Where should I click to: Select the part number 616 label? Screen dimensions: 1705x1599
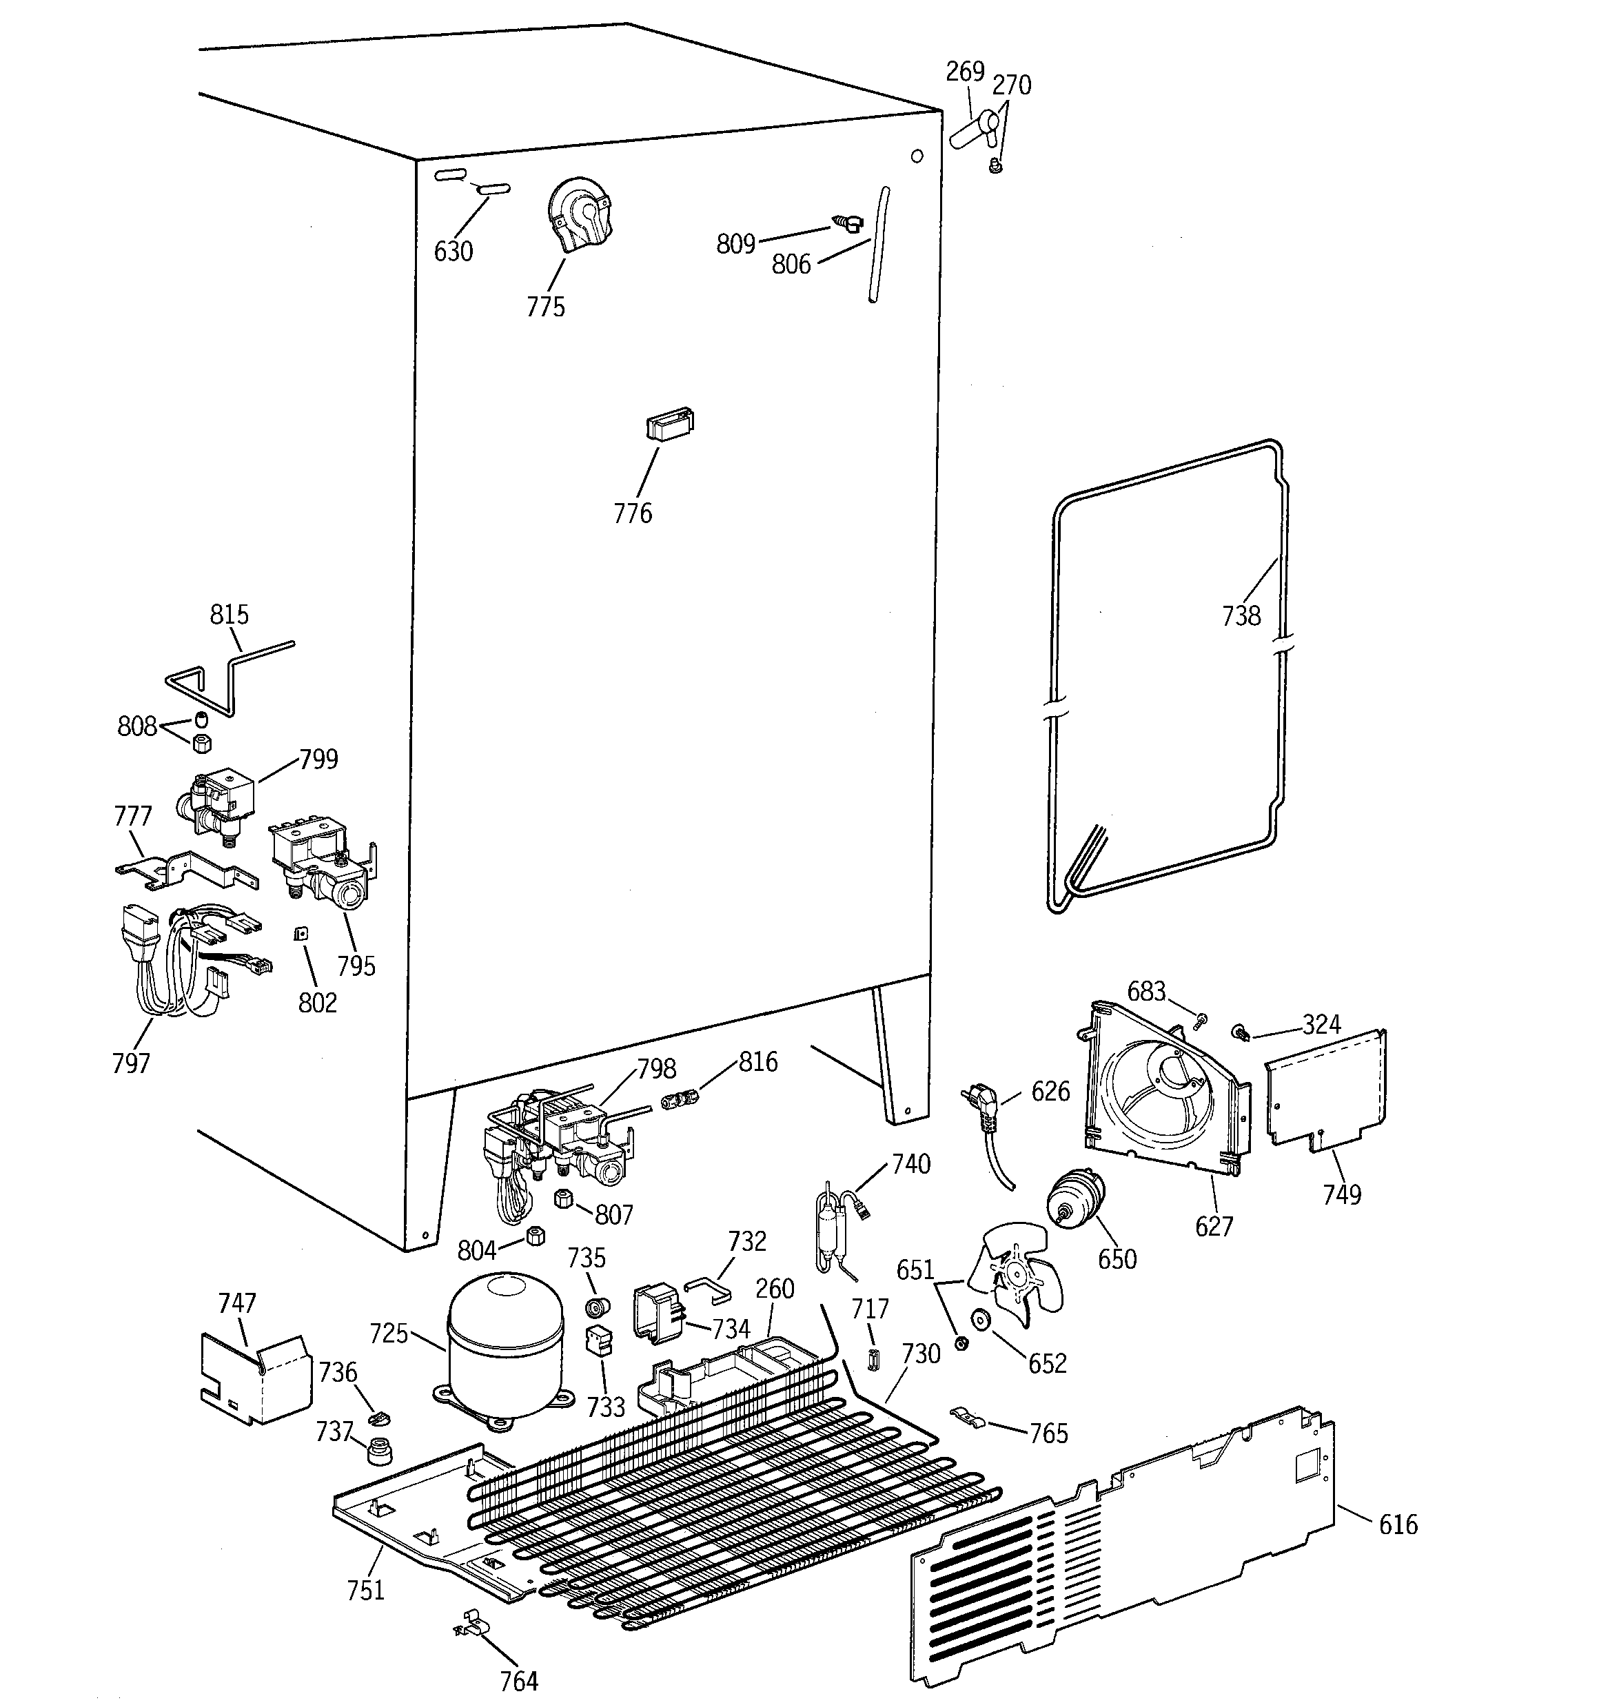point(1398,1524)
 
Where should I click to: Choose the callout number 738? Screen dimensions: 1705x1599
point(1241,616)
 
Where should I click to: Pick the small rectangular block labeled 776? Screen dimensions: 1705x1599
point(669,424)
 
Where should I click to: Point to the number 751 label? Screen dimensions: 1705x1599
point(365,1590)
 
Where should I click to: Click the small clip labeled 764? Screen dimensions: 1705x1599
point(469,1623)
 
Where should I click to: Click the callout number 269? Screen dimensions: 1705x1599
point(964,71)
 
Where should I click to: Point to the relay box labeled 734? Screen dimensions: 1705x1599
point(658,1312)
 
